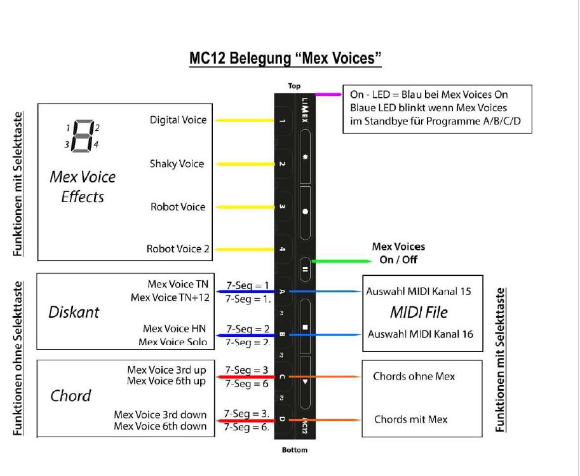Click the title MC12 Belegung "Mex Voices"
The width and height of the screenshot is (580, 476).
click(x=285, y=58)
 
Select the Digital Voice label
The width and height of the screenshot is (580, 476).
click(x=178, y=119)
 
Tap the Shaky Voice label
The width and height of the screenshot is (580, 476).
click(x=177, y=163)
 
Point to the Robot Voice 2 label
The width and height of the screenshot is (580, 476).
click(x=177, y=249)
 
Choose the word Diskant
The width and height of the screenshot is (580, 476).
click(x=74, y=312)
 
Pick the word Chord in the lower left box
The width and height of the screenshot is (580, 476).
click(x=71, y=396)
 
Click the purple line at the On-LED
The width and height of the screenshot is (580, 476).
click(x=328, y=94)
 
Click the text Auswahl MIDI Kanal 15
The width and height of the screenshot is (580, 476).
click(x=419, y=292)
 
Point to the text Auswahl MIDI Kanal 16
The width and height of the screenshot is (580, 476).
click(x=421, y=334)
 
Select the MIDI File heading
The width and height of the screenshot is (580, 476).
click(x=419, y=312)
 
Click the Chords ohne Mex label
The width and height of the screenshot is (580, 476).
click(x=414, y=376)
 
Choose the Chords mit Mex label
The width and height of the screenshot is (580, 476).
click(x=410, y=419)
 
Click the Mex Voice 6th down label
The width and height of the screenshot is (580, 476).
click(x=160, y=426)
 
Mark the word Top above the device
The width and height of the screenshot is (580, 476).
click(x=294, y=86)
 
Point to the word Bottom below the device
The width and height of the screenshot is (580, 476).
click(x=294, y=450)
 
